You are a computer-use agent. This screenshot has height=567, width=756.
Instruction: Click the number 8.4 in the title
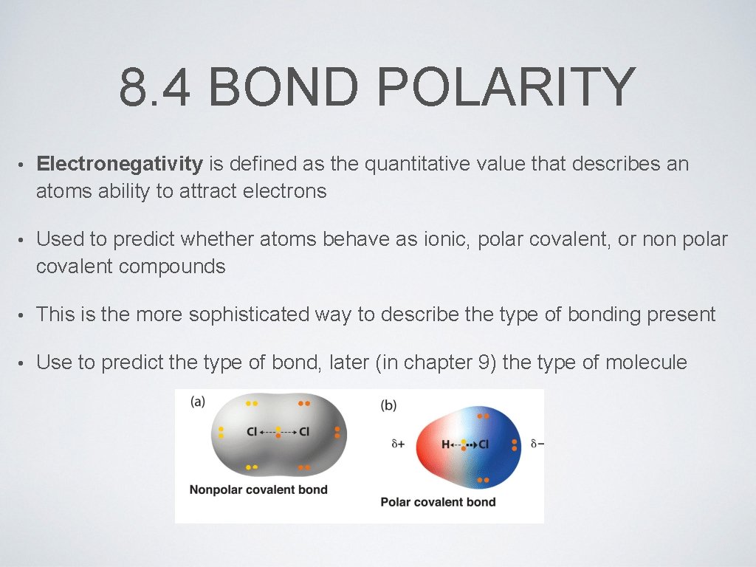[x=155, y=87]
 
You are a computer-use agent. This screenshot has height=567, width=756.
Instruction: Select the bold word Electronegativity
[x=120, y=164]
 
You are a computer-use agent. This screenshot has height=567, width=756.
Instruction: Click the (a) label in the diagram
[x=198, y=402]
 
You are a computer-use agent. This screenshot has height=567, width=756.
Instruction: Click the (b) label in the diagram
[x=389, y=405]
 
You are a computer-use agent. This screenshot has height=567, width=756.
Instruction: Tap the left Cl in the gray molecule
[x=252, y=432]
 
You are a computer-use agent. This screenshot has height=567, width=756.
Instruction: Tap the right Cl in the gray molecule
[x=304, y=432]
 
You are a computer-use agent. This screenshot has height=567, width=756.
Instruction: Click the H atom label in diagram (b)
[x=445, y=444]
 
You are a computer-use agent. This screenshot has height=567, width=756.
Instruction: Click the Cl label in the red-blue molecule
[x=484, y=444]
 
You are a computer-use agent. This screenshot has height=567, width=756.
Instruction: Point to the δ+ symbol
[x=399, y=444]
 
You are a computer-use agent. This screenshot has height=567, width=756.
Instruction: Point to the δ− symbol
[x=537, y=444]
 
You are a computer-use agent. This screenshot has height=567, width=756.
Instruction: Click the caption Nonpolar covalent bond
[x=258, y=489]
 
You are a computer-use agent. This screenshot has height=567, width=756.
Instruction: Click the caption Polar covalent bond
[x=438, y=502]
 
